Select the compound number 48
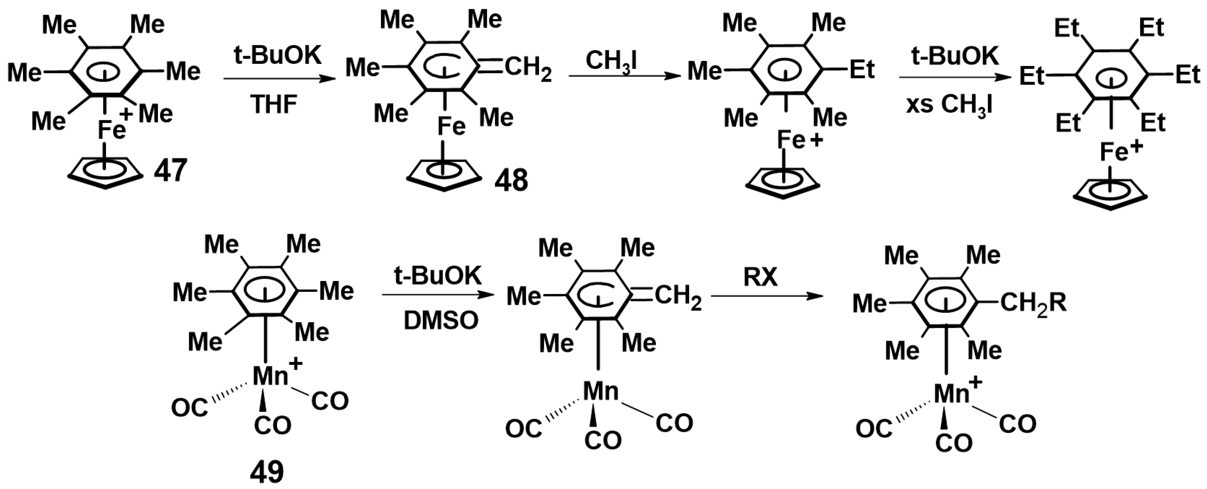(511, 180)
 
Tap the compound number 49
(267, 472)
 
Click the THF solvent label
(274, 104)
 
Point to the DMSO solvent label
(441, 321)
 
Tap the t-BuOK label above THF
(278, 56)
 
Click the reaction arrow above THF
(280, 79)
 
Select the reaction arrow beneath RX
(767, 296)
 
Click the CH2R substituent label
(1033, 304)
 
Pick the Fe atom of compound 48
(451, 126)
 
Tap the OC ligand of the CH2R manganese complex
(873, 429)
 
